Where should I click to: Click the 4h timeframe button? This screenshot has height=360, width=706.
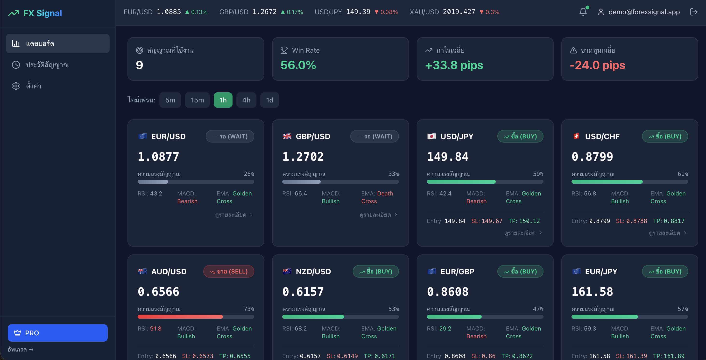coord(246,100)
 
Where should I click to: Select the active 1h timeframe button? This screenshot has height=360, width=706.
coord(223,100)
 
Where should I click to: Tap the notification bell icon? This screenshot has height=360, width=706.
coord(583,12)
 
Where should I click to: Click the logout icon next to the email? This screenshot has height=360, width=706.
coord(694,12)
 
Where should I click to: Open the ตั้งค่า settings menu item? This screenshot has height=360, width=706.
coord(33,86)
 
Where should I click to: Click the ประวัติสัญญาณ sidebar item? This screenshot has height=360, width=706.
coord(47,65)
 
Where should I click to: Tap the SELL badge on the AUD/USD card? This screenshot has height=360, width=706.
coord(229,271)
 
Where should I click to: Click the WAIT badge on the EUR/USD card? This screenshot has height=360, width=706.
coord(230,136)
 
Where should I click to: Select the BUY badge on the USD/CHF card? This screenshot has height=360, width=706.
coord(665,136)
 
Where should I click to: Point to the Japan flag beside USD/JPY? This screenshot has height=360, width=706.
coord(431,136)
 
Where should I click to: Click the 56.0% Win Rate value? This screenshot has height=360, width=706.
coord(298,65)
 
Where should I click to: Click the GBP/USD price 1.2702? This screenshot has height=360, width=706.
coord(303,157)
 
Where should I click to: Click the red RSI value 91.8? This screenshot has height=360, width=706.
coord(155,328)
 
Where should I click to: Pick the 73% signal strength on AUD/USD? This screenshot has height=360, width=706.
coord(249,309)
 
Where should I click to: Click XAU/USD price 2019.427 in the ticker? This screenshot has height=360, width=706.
coord(459,12)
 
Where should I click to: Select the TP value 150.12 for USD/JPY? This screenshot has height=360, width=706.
coord(529,221)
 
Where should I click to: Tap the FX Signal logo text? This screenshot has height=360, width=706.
coord(42,13)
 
